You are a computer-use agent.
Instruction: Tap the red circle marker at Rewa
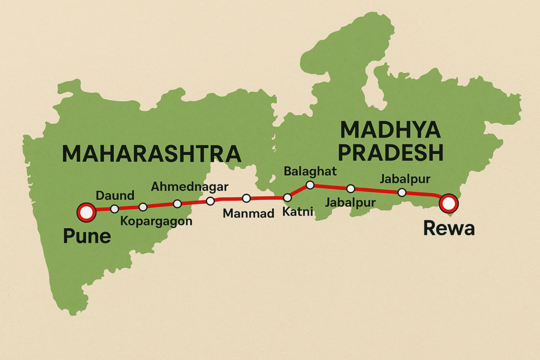coord(449,202)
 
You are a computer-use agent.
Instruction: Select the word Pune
coord(87,236)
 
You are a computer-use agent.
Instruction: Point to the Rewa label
coord(449,228)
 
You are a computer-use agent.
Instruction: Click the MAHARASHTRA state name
coord(151,153)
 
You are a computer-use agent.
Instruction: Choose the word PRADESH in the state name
coord(390,153)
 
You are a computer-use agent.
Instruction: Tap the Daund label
coord(114,196)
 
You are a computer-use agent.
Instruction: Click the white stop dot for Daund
coord(114,209)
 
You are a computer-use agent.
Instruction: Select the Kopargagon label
coord(157,221)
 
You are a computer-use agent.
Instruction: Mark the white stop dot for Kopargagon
coord(142,207)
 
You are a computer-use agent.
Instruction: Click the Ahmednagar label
coord(189,187)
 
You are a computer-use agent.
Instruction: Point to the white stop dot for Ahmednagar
coord(177,203)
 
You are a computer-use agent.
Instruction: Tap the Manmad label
coord(248,213)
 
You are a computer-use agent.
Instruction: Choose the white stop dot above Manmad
coord(246,198)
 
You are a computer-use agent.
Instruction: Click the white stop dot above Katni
coord(287,198)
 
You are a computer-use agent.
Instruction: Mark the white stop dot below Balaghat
coord(310,184)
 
